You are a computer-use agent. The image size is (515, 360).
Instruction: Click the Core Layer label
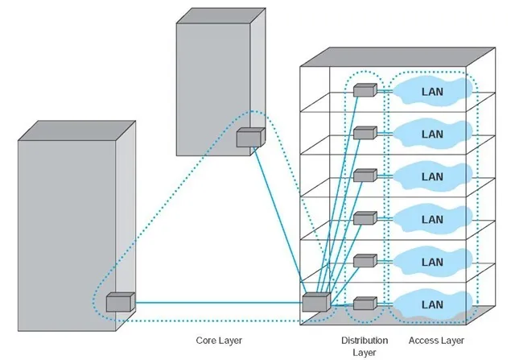pos(219,341)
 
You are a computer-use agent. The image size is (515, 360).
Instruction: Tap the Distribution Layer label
pos(365,346)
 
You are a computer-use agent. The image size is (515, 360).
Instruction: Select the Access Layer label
pos(436,341)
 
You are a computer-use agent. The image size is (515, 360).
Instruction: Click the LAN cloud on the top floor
pos(433,91)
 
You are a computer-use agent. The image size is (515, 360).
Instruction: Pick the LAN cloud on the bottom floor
pos(433,304)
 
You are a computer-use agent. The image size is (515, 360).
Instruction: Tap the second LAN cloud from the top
pos(433,134)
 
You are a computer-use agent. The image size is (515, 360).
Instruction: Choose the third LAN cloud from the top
pos(433,176)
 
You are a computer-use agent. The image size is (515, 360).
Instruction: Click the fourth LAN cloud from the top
pos(433,219)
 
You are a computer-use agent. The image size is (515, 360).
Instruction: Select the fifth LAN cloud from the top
pos(433,262)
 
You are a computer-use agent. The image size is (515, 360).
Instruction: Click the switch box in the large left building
pos(120,302)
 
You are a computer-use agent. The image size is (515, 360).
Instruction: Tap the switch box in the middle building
pos(250,138)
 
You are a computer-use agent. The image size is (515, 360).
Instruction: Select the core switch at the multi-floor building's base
pos(316,302)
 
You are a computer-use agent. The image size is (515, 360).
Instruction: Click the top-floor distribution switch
pos(365,90)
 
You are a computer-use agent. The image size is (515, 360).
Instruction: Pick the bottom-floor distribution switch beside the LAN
pos(365,304)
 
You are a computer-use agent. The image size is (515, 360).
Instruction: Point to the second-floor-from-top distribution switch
pos(365,133)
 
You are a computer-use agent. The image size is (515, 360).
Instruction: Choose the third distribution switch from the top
pos(365,176)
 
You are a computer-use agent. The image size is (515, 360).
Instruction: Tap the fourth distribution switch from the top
pos(365,218)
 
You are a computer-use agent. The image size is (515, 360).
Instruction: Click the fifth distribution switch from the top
pos(365,261)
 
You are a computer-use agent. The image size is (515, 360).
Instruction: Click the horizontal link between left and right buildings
pos(219,303)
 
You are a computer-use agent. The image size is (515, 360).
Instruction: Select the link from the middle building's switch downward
pos(278,221)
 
